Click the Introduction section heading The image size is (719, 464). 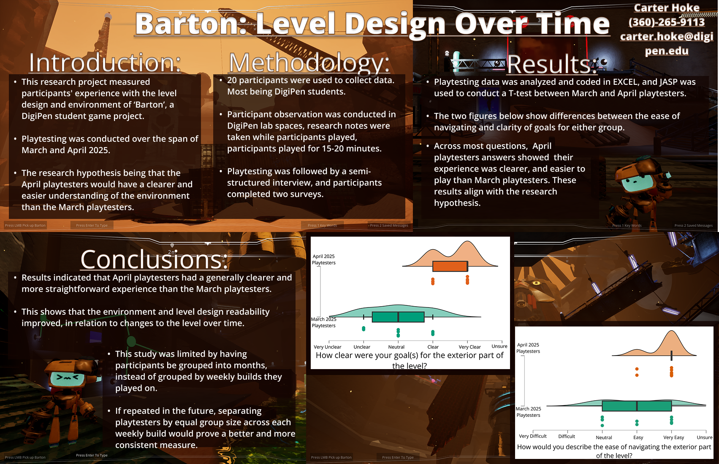(x=105, y=63)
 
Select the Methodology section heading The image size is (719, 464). (x=309, y=63)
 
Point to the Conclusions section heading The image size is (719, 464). (x=154, y=259)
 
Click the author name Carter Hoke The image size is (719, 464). (x=666, y=8)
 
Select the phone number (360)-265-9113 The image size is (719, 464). (x=666, y=22)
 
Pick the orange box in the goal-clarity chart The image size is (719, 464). (x=450, y=266)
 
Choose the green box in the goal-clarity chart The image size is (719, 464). (x=398, y=317)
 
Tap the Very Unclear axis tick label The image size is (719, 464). (x=327, y=347)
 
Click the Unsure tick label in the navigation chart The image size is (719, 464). (x=704, y=437)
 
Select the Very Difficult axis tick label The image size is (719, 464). (x=532, y=436)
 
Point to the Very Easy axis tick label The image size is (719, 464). (x=673, y=437)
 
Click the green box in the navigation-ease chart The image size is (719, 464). (x=637, y=406)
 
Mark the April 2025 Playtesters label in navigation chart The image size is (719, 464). (x=528, y=348)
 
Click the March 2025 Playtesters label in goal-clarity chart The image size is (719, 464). (x=323, y=322)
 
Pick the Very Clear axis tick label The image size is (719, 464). (x=469, y=347)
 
